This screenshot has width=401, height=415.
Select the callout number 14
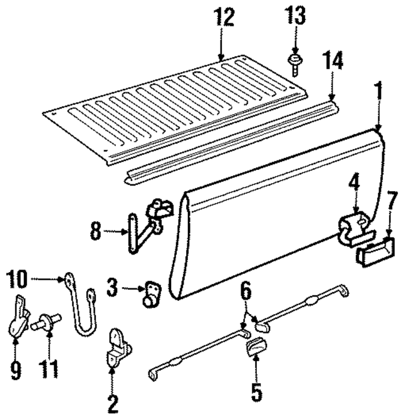click(x=333, y=63)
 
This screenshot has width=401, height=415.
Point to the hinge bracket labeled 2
click(x=117, y=349)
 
